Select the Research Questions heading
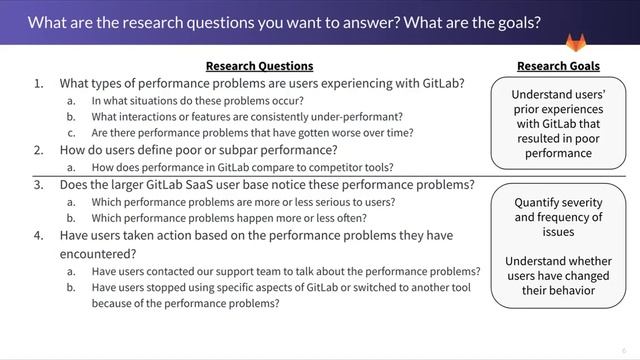pyautogui.click(x=259, y=66)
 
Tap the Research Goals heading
pyautogui.click(x=558, y=66)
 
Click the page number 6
pyautogui.click(x=623, y=350)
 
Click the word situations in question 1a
pyautogui.click(x=150, y=100)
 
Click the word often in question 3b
pyautogui.click(x=352, y=218)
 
